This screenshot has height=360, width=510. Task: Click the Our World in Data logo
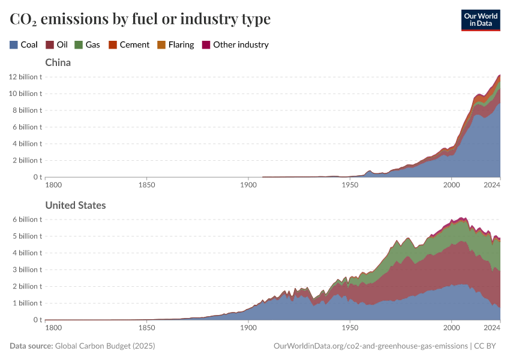click(480, 20)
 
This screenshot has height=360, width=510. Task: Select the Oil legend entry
click(57, 44)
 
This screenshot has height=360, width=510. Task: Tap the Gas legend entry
click(87, 44)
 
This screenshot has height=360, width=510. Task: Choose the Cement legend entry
click(129, 44)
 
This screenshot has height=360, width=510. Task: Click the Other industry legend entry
click(235, 44)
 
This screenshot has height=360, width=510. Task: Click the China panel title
click(58, 62)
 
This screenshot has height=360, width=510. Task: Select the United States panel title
click(76, 205)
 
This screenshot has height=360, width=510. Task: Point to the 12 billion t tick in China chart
click(25, 77)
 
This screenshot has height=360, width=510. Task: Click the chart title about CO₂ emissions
click(140, 19)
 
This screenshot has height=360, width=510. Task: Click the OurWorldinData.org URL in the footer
click(370, 346)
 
